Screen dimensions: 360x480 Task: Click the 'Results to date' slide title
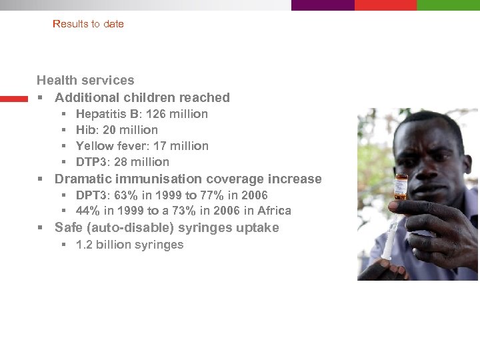[88, 24]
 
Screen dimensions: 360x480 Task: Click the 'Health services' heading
[85, 81]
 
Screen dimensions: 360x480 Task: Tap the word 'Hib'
[85, 130]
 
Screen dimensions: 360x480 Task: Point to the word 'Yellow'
[94, 146]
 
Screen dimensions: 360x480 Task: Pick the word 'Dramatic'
[83, 179]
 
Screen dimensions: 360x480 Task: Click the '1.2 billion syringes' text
[129, 245]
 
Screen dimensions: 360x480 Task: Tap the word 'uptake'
[256, 228]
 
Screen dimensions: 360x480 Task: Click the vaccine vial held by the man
[401, 187]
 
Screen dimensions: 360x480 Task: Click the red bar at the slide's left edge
[14, 99]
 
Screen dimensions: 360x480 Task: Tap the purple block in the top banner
[323, 5]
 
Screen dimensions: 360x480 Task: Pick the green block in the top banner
[448, 5]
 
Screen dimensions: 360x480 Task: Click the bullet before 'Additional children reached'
[41, 98]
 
